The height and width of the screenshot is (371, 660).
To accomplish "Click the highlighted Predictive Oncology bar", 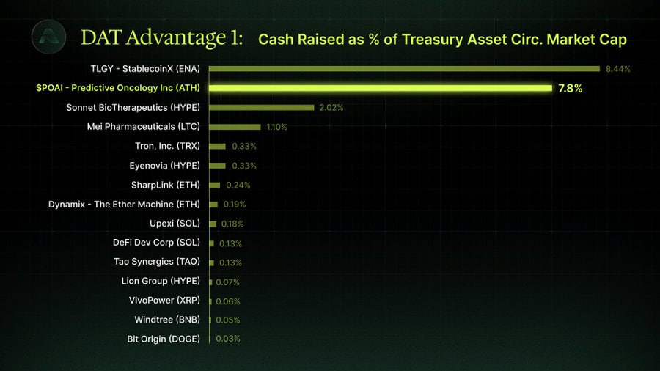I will (380, 88).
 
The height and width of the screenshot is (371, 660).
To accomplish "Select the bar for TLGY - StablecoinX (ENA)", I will (404, 69).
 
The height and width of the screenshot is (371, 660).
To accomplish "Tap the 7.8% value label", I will (571, 88).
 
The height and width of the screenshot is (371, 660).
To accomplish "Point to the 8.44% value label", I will (618, 69).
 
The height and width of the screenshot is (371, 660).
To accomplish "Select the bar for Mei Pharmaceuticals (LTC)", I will (235, 127).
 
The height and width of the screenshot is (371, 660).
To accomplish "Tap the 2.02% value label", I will (331, 107).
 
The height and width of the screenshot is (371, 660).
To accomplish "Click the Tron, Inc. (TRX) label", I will (167, 146).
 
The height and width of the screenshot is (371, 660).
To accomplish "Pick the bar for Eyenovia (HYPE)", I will (217, 166).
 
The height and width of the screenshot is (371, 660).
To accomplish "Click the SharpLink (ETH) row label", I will (165, 185).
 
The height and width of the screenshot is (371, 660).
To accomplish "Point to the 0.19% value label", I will (234, 205).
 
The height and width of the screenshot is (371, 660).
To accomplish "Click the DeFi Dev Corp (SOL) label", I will (156, 243).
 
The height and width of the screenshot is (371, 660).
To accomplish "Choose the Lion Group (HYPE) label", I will (160, 281).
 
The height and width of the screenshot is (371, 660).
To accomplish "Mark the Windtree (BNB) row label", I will (166, 320).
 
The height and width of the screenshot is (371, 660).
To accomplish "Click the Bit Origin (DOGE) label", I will (163, 339).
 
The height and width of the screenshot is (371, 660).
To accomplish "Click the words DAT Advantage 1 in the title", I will (161, 37).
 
